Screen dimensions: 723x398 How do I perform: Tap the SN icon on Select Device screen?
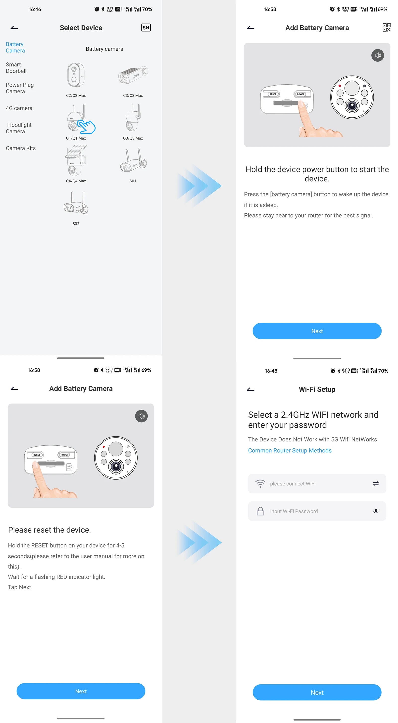146,28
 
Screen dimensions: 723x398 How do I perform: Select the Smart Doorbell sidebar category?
16,68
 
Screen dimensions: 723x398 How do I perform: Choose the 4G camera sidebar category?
19,108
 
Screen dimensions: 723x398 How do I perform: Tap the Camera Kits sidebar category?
20,148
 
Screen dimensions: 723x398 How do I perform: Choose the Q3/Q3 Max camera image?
133,118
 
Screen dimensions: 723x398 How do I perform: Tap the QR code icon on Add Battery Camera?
387,28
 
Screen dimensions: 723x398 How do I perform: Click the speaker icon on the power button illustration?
378,55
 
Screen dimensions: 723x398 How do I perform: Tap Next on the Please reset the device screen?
81,691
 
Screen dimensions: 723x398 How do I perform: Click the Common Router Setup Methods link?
289,450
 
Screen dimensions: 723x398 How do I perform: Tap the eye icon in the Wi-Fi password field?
376,511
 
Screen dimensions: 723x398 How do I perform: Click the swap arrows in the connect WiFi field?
376,483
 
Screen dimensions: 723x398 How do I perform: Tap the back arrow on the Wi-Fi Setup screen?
250,389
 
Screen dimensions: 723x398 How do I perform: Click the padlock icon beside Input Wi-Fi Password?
260,511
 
